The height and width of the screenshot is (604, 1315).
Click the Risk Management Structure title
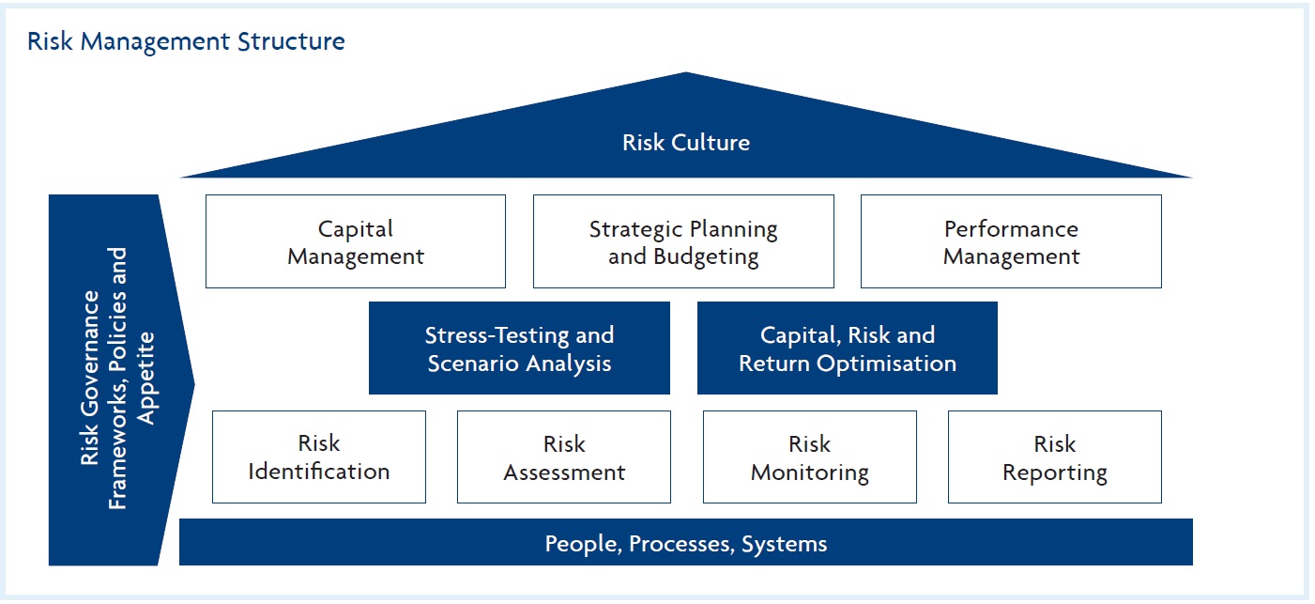point(186,41)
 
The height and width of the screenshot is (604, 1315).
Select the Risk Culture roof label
point(685,143)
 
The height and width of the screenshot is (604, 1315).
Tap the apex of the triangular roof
point(685,74)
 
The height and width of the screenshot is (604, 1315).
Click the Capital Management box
point(355,241)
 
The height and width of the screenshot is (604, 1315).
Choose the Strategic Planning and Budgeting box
point(682,241)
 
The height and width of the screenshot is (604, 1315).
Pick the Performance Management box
point(1010,241)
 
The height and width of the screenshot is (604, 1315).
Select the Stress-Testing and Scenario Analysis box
point(519,348)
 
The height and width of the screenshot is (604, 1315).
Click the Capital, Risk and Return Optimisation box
point(847,348)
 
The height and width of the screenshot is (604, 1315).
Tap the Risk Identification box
point(319,457)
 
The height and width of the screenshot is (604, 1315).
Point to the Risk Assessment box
point(563,457)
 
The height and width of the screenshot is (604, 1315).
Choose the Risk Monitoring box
point(809,457)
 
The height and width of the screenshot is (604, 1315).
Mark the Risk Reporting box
point(1054,457)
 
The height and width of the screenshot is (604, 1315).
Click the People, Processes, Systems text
point(685,543)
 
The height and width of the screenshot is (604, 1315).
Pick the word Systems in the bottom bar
point(784,543)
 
